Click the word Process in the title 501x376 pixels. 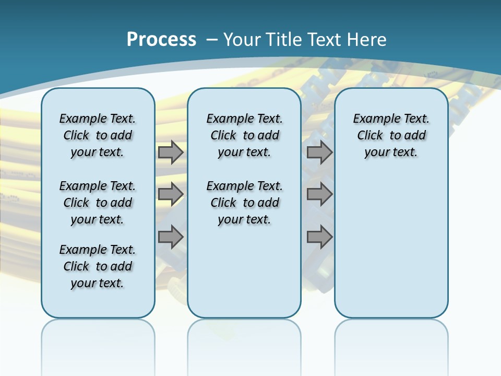161,39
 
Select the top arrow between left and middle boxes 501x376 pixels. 171,152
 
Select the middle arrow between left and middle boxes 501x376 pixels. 171,194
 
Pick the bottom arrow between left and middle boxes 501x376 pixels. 171,237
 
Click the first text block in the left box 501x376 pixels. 98,135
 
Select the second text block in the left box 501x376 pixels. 98,203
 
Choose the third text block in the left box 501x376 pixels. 98,266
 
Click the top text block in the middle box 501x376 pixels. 244,135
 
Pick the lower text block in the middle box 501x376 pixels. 244,203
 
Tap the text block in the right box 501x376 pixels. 391,135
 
